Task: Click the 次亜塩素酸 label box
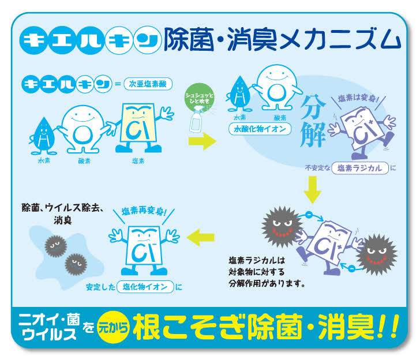148,84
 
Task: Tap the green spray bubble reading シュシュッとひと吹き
199,96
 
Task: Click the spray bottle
197,119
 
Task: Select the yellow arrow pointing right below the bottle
202,141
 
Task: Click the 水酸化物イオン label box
260,129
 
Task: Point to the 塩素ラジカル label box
360,168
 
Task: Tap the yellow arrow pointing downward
312,190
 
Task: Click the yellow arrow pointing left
201,237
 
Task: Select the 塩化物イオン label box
145,287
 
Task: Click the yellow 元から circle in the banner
113,327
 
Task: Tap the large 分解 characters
313,121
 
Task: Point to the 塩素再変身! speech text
144,211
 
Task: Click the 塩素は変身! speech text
358,98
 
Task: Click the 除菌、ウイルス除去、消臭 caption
62,213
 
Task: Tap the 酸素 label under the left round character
85,161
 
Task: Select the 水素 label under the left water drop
44,161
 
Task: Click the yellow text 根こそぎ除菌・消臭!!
266,327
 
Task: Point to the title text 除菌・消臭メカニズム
282,40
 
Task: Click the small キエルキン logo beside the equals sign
67,84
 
